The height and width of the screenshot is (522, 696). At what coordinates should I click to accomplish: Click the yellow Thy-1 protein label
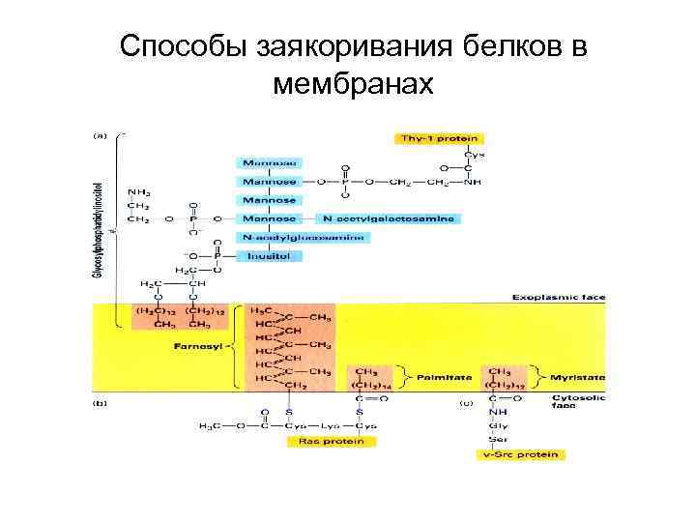pos(438,138)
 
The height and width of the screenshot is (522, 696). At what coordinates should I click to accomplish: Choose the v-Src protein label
pos(523,454)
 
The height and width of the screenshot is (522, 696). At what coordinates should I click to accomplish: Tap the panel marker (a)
pos(99,136)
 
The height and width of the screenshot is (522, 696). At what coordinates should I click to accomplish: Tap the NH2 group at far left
pos(139,190)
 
